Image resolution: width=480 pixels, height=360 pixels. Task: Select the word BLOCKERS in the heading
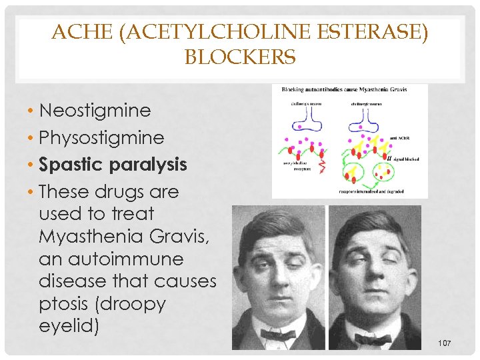click(240, 58)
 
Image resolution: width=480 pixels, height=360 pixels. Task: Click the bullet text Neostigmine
click(95, 110)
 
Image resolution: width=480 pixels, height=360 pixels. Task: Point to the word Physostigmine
click(101, 137)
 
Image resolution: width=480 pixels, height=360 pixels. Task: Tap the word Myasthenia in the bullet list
click(86, 236)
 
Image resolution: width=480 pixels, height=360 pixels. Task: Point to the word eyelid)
click(68, 327)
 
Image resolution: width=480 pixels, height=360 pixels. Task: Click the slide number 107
click(445, 343)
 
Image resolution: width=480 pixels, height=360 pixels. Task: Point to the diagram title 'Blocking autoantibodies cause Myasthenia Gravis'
click(345, 89)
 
